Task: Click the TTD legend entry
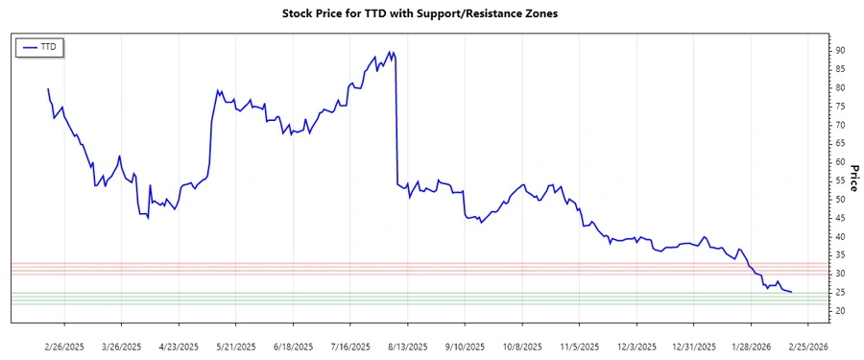click(39, 46)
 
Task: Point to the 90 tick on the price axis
click(839, 50)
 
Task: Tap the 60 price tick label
click(839, 162)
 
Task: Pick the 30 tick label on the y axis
click(839, 274)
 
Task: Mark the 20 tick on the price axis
click(839, 311)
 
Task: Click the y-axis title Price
click(852, 178)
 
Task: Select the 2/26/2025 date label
click(64, 346)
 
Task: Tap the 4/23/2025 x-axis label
click(179, 346)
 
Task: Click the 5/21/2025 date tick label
click(235, 346)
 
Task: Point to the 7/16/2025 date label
click(349, 346)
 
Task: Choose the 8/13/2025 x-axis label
click(407, 346)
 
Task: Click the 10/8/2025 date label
click(521, 346)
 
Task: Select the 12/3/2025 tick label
click(636, 346)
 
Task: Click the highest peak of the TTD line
click(390, 52)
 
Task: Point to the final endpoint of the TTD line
click(791, 292)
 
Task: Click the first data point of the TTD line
click(48, 89)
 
